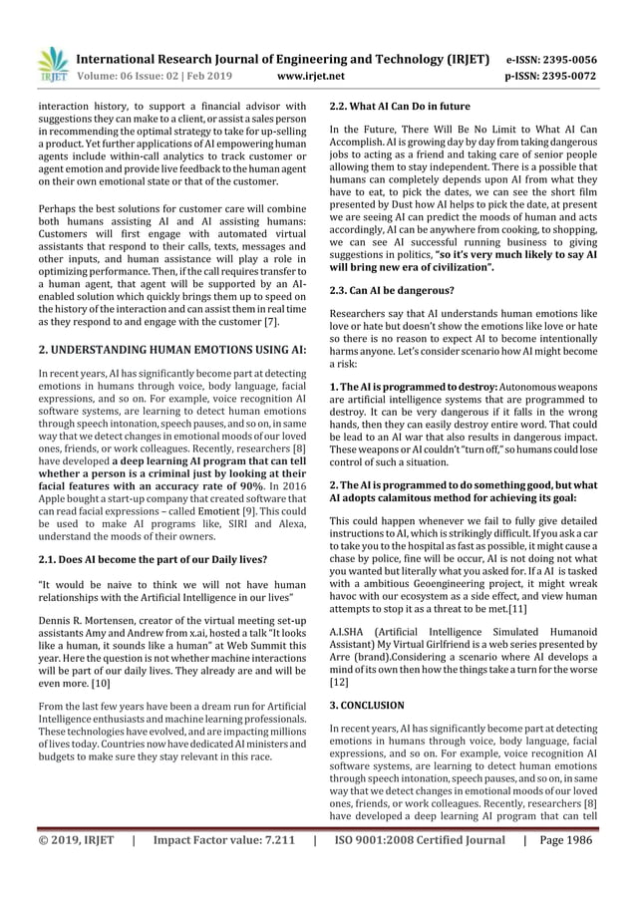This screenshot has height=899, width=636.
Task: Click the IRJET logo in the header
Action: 51,63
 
